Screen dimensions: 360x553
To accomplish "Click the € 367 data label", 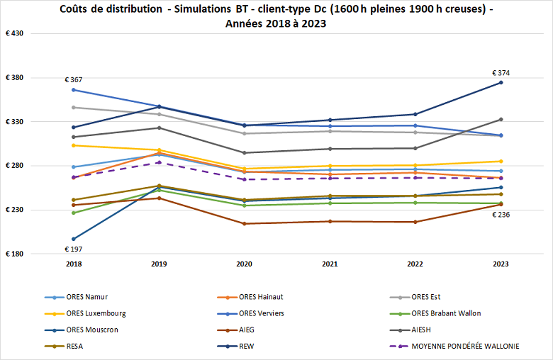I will [73, 79].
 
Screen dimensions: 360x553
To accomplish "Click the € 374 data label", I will [501, 73].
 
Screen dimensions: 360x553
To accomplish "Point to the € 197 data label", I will [73, 249].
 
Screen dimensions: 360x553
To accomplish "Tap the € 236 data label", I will [501, 215].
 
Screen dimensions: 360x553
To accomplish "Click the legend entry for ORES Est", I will [430, 297].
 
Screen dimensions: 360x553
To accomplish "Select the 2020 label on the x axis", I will [244, 263].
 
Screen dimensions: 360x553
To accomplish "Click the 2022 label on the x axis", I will [415, 263].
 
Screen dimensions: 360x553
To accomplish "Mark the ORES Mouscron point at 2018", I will [73, 239].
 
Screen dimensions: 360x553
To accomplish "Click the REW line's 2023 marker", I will [501, 82].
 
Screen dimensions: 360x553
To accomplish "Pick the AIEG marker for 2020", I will [244, 224].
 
